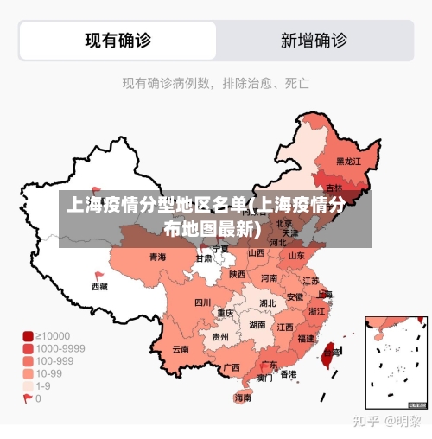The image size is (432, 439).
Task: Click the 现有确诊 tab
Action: pos(118,40)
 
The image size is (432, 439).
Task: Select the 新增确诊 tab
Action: pos(314,40)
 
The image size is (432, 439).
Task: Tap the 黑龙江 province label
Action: pos(348,161)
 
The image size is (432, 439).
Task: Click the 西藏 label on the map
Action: pos(100,285)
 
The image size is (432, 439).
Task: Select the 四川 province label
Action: pos(202,302)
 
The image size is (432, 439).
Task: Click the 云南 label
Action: pos(181,349)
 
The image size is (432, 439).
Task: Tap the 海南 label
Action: pos(243,398)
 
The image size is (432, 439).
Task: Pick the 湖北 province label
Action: pos(267,303)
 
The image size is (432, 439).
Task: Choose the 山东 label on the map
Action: pos(296,256)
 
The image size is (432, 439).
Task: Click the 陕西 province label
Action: pos(238,274)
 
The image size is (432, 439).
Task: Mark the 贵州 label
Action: pos(220,337)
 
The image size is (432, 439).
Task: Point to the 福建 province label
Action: pos(305,339)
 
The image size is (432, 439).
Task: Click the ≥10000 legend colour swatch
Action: pos(28,335)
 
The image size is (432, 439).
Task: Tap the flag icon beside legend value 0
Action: pos(28,398)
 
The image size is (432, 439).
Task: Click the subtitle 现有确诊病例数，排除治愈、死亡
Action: pos(216,84)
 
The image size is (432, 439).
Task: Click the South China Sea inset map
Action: pos(396,361)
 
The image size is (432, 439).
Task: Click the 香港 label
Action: pos(288,374)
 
